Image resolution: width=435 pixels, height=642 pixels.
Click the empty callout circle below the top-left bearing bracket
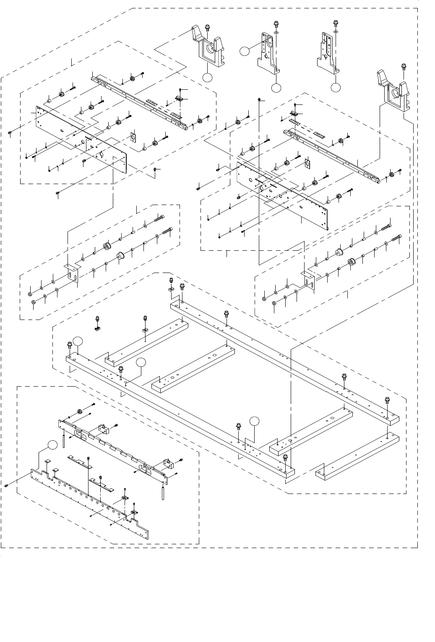click(207, 78)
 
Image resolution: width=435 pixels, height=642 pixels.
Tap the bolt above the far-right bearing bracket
click(404, 67)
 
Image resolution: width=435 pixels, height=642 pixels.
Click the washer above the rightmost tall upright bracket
click(335, 32)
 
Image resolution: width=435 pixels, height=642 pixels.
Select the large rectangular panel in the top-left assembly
click(80, 138)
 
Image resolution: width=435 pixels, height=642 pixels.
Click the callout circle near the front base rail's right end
click(254, 421)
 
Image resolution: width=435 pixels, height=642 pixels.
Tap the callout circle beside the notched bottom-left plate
click(51, 445)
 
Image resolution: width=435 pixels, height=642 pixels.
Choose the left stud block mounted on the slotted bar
click(103, 428)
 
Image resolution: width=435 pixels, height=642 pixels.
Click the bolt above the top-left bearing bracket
click(207, 28)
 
